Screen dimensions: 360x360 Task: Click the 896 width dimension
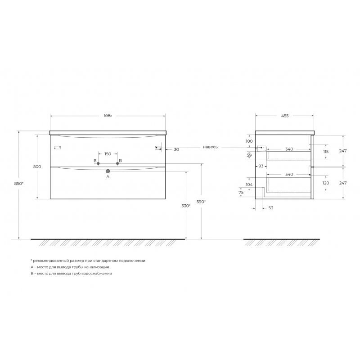pyautogui.click(x=108, y=116)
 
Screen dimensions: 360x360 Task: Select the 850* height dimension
pyautogui.click(x=19, y=184)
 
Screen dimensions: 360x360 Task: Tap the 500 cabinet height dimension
pyautogui.click(x=37, y=166)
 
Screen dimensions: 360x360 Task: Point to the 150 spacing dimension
pyautogui.click(x=108, y=154)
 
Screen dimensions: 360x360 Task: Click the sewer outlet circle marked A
pyautogui.click(x=108, y=171)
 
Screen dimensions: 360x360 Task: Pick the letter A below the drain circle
pyautogui.click(x=108, y=177)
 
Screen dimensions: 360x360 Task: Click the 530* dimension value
pyautogui.click(x=186, y=206)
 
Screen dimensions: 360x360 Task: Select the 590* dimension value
pyautogui.click(x=201, y=202)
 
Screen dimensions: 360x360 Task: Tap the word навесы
pyautogui.click(x=211, y=147)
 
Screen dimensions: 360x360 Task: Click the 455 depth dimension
pyautogui.click(x=285, y=116)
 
